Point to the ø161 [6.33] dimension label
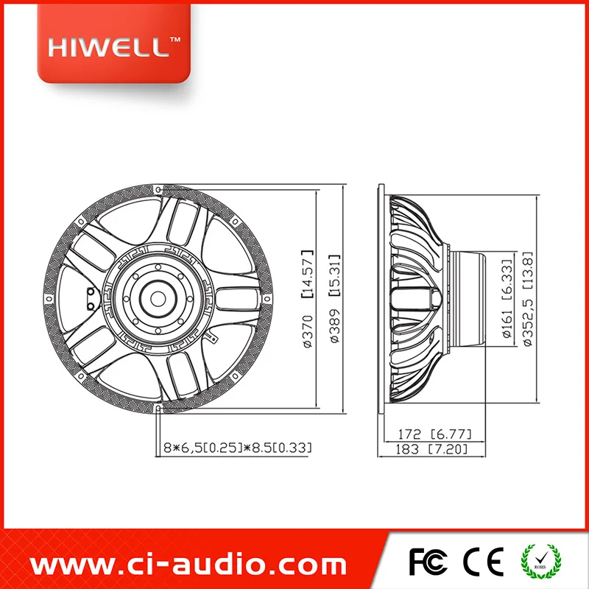(x=507, y=298)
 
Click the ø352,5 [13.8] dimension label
(x=527, y=298)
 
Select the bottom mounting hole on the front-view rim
(x=157, y=407)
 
